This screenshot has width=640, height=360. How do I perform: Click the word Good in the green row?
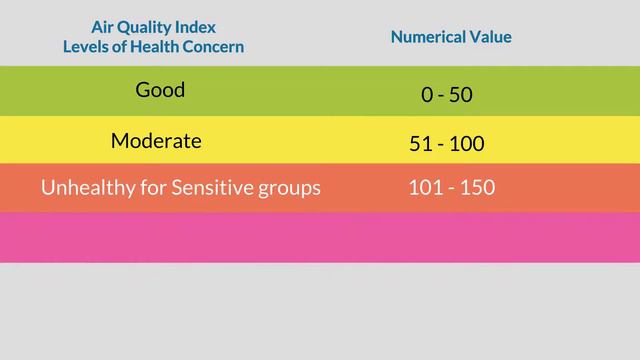coord(160,90)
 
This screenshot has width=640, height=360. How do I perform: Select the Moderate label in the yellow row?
coord(156,141)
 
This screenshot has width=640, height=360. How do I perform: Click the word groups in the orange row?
coord(287,188)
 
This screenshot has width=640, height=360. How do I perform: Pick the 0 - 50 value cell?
coord(446,95)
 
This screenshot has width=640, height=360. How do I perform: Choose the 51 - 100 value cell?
coord(446,144)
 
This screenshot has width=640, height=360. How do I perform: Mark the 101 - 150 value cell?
coord(451,187)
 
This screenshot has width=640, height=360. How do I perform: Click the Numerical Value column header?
coord(451,37)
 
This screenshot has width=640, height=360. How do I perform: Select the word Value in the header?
coord(491,37)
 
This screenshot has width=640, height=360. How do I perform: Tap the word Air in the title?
coord(104,27)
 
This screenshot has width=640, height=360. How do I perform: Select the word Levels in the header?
coord(86,46)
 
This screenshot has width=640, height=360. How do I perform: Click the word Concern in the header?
coord(214,46)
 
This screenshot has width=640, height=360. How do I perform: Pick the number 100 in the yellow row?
coord(466,144)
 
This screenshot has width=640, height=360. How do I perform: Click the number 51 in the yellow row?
coord(420,144)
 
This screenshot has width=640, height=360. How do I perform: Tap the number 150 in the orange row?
coord(477,187)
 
